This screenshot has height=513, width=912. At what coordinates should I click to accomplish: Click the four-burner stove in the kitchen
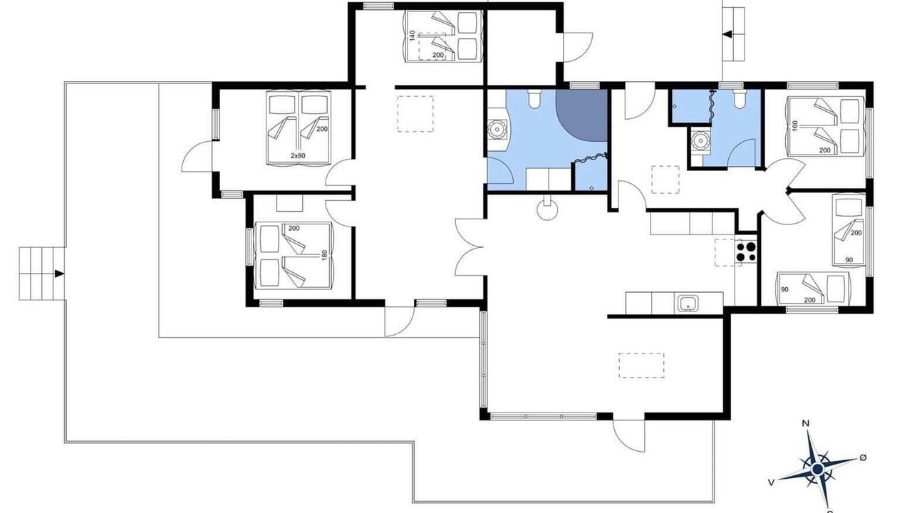746,252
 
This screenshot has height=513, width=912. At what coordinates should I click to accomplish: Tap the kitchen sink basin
688,304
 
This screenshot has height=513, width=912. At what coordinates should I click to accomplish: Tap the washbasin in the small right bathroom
700,141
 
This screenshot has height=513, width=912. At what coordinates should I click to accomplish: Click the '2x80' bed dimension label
298,155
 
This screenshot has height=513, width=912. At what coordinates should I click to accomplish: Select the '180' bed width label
324,255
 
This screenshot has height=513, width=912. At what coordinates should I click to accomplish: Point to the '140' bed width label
412,36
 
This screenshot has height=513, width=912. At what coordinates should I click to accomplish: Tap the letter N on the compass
805,424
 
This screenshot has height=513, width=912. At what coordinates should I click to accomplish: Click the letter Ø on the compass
863,457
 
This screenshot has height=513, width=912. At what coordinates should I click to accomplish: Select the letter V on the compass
771,482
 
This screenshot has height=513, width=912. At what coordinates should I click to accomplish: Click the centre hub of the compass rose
817,469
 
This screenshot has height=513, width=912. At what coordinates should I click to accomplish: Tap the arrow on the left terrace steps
59,274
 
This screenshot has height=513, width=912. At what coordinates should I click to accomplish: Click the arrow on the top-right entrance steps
727,34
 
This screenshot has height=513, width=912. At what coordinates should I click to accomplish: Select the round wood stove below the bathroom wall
546,210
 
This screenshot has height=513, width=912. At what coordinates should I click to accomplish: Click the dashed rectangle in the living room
642,366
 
